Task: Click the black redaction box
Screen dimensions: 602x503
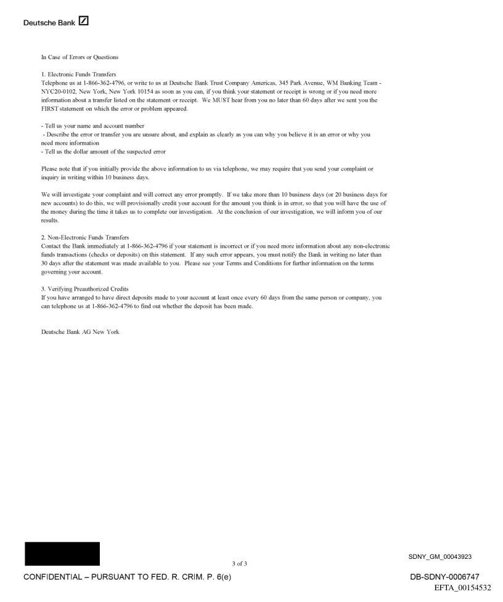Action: click(62, 554)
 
